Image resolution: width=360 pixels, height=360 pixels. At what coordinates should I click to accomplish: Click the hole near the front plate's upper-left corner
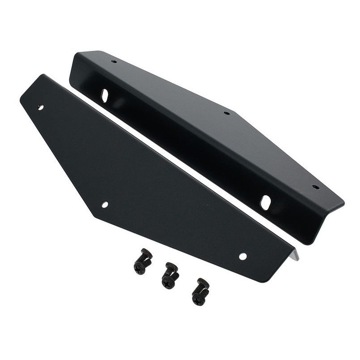(41, 107)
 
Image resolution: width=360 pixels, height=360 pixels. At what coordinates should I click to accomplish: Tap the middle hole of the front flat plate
(105, 204)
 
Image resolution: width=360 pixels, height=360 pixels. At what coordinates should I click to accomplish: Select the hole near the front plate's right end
(243, 256)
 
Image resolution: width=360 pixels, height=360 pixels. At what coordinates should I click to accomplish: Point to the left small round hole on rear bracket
(114, 61)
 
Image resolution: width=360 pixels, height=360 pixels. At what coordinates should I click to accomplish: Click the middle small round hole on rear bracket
(226, 113)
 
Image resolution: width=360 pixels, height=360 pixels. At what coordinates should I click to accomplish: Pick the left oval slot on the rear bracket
(105, 95)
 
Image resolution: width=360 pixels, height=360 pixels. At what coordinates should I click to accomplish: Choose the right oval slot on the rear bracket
(265, 202)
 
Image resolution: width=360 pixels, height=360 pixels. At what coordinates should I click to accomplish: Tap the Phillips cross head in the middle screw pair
(168, 282)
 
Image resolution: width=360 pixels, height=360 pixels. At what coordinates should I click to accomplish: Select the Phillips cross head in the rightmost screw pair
(198, 298)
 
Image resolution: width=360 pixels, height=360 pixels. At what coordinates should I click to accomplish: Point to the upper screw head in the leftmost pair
(147, 253)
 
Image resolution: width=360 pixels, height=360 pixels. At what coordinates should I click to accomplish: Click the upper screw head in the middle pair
(171, 267)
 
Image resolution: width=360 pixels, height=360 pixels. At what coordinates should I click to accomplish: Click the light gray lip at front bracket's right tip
(293, 255)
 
